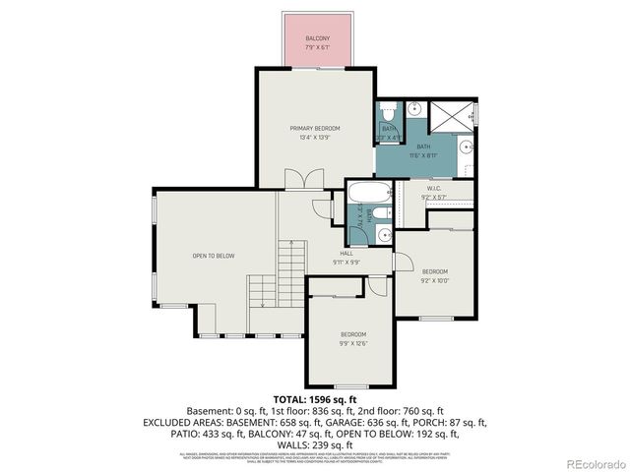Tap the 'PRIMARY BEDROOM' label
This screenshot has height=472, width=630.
(x=315, y=129)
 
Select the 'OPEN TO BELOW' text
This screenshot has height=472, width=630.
(x=214, y=256)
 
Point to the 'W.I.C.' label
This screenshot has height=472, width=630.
(x=433, y=188)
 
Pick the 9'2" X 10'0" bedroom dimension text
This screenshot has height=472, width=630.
(x=435, y=280)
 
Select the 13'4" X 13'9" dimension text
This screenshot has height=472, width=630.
(x=315, y=138)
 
